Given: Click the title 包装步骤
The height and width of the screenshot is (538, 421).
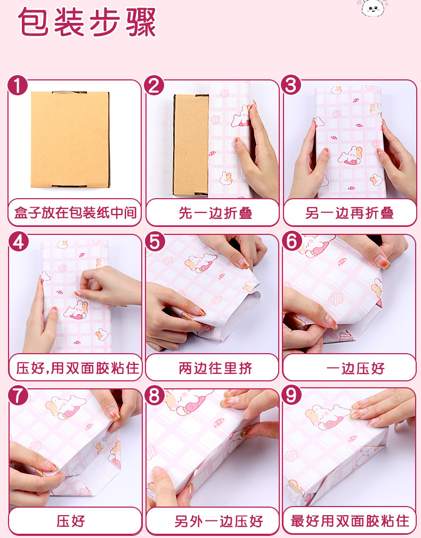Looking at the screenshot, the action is [x=87, y=22].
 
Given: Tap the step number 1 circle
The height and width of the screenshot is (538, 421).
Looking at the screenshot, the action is [x=17, y=85].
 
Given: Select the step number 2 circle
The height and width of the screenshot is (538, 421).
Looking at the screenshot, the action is [x=154, y=85].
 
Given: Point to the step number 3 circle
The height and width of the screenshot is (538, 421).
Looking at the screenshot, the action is [x=291, y=85].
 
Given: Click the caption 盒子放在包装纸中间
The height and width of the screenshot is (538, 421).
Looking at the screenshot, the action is [x=75, y=213].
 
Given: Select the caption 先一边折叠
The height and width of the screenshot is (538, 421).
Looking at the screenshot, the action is [x=215, y=213].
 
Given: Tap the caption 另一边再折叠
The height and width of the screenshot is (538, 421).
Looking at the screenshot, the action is [x=349, y=213].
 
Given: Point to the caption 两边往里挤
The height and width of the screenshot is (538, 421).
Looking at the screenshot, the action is [x=215, y=369].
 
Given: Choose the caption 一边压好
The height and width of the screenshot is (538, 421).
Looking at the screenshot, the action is [x=355, y=369].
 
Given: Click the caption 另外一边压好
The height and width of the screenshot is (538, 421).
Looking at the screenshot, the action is [x=218, y=521].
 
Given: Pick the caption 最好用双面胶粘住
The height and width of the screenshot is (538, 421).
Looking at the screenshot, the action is [x=350, y=521].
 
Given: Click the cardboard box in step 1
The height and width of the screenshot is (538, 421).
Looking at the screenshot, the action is [x=70, y=140].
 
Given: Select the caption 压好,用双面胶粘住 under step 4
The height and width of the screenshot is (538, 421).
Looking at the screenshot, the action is [x=78, y=369].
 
